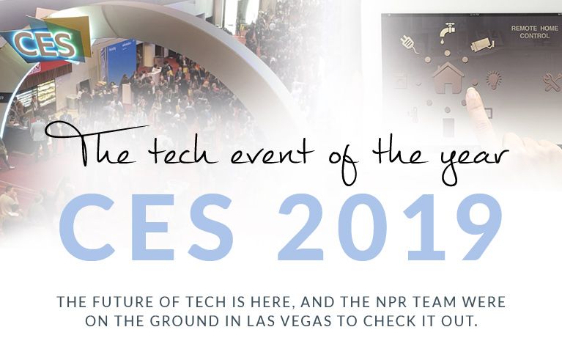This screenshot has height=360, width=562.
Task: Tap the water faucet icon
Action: (x=448, y=32)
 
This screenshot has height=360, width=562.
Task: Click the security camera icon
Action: (x=482, y=45)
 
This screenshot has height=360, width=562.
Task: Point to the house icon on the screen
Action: (x=448, y=78)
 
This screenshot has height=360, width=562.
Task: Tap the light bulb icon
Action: (x=494, y=80)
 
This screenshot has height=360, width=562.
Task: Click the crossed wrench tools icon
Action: (x=552, y=82)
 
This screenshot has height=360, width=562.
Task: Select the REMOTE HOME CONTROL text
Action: (x=534, y=32)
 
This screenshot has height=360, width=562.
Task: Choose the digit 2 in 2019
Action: (x=301, y=227)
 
